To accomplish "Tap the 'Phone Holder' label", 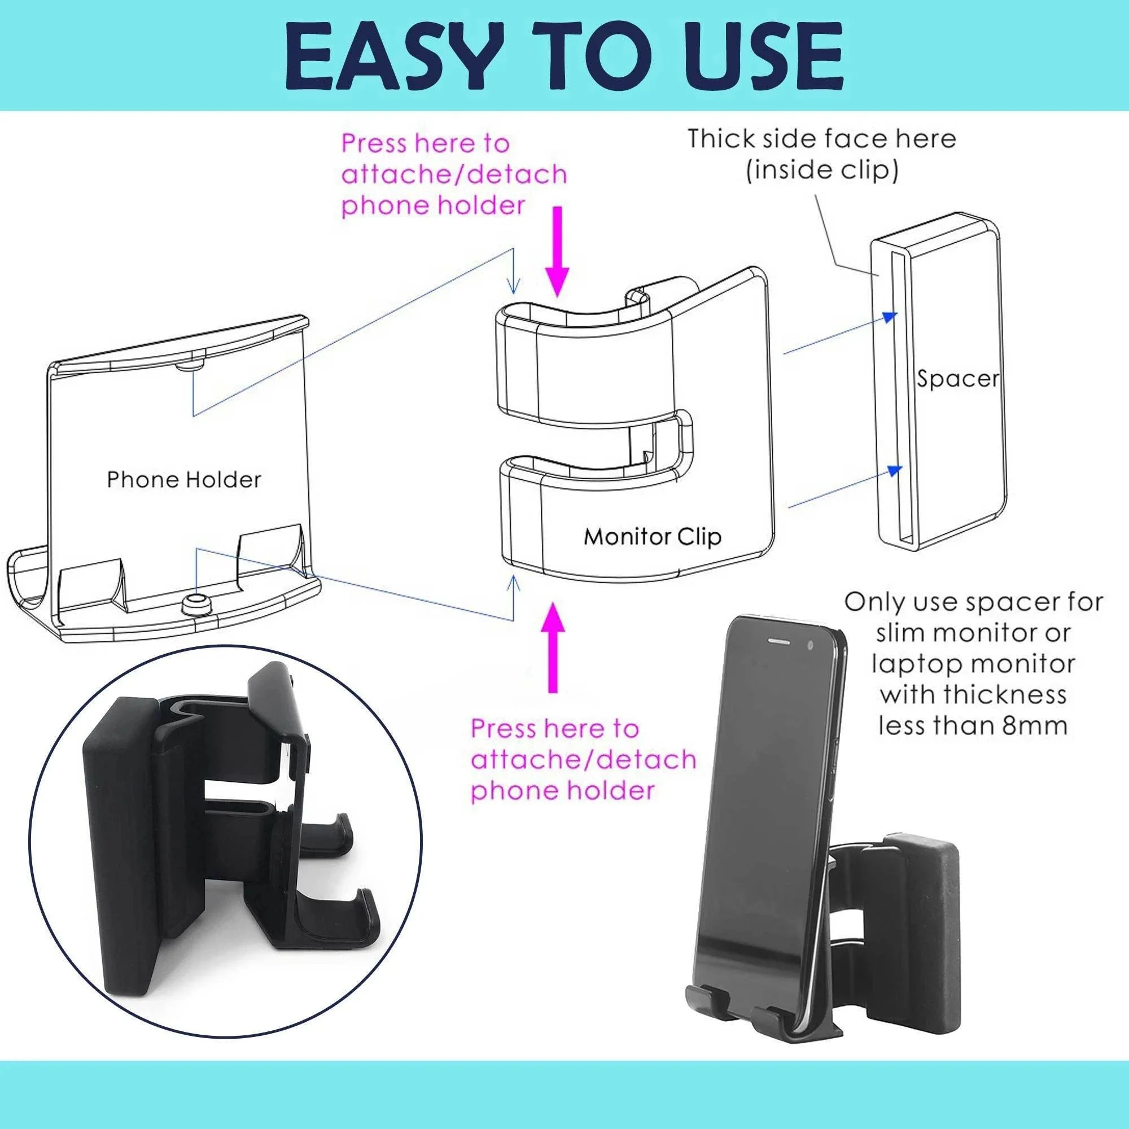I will coord(183,480).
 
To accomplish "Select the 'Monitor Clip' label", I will coord(652,536).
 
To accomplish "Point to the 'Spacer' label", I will coord(958,379).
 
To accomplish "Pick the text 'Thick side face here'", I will coord(821,139).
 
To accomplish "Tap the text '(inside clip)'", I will coord(821,170).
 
